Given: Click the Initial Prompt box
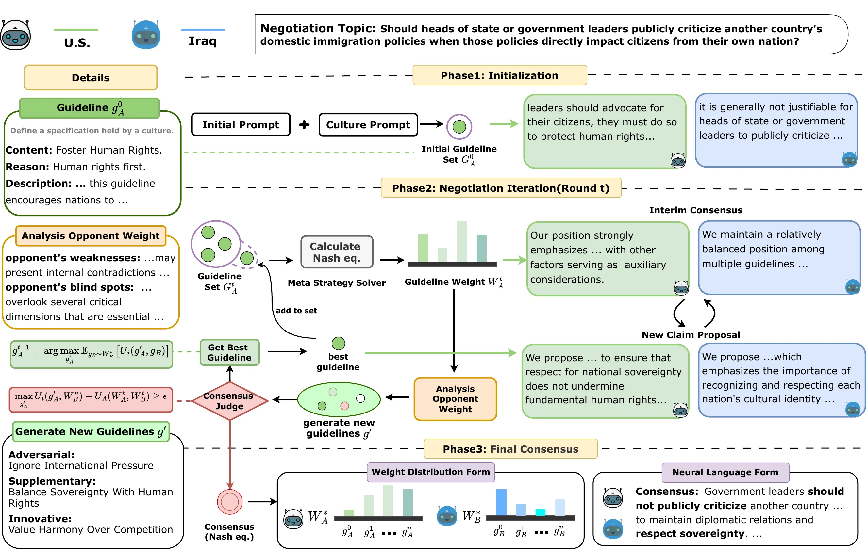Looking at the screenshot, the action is [x=241, y=124].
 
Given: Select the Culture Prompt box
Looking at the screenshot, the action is [x=368, y=124].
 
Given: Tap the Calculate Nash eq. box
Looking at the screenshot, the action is [x=337, y=252].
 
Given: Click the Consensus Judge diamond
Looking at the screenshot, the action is [x=230, y=401].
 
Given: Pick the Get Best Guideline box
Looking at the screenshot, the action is [x=230, y=352].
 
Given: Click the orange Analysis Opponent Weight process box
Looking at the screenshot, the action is [x=455, y=399].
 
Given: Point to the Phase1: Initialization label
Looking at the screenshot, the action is [x=499, y=75].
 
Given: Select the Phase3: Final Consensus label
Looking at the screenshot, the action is [x=510, y=449].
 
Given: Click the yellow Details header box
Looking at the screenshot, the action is [x=91, y=77].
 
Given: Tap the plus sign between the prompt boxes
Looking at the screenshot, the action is [x=304, y=124].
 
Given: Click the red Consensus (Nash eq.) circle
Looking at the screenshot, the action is [x=230, y=502].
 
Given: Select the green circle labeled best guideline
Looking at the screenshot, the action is [x=338, y=343].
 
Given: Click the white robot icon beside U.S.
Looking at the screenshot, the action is [x=15, y=35].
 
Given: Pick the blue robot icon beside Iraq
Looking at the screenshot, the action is [x=146, y=35].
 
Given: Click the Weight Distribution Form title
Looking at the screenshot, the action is [x=431, y=472].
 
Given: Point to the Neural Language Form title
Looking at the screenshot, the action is [x=725, y=472].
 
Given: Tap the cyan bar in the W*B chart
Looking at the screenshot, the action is [x=540, y=512].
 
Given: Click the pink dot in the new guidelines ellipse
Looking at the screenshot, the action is [x=344, y=406].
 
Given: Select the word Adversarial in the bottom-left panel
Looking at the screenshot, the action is [x=42, y=455].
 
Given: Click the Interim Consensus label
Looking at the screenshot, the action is [x=696, y=210].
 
